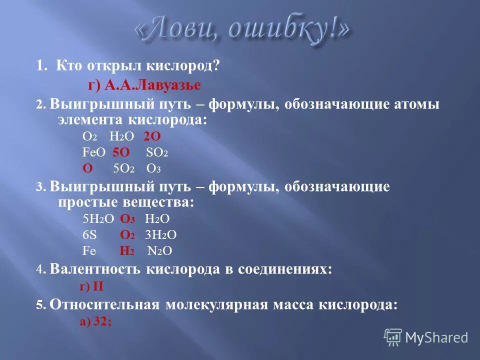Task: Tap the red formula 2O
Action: pyautogui.click(x=152, y=136)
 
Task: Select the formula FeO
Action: pyautogui.click(x=93, y=152)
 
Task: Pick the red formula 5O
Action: pyautogui.click(x=121, y=152)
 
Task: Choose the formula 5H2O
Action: pyautogui.click(x=98, y=218)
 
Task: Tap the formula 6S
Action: pyautogui.click(x=89, y=234)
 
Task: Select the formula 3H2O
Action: pyautogui.click(x=160, y=234)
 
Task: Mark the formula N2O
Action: pyautogui.click(x=160, y=251)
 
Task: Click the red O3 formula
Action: pyautogui.click(x=127, y=218)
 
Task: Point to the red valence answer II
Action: pyautogui.click(x=98, y=287)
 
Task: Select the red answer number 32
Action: pyautogui.click(x=102, y=322)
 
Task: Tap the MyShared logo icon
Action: pyautogui.click(x=393, y=337)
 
